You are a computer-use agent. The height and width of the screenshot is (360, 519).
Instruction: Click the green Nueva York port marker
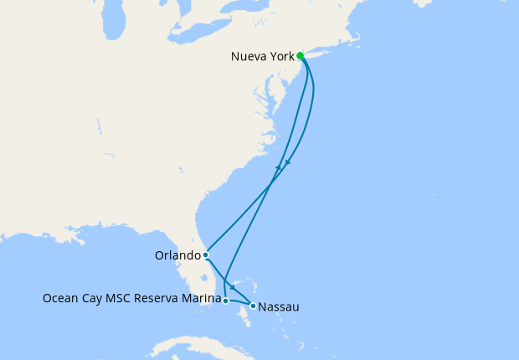[x=301, y=57]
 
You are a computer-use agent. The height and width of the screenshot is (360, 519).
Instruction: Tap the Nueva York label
[x=262, y=58]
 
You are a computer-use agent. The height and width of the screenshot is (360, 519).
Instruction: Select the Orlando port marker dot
[x=206, y=255]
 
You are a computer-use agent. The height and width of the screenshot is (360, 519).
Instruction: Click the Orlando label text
[x=178, y=255]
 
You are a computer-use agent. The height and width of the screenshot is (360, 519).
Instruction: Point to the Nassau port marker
[x=253, y=306]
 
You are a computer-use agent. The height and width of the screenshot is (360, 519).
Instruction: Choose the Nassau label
[x=280, y=307]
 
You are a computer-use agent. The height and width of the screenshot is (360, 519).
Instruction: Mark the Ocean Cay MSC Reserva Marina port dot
[x=225, y=300]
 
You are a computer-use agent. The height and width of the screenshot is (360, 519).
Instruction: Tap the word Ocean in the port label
[x=59, y=297]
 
